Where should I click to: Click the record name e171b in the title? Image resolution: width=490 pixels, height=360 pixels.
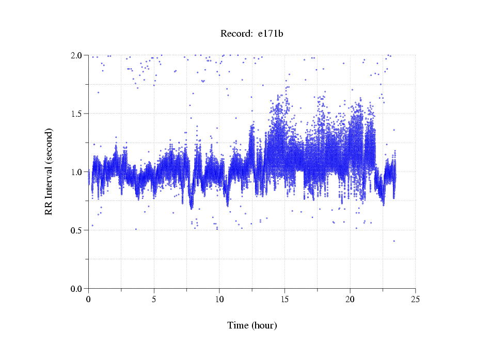[271, 34]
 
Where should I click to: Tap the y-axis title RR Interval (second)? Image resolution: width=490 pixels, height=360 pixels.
[49, 171]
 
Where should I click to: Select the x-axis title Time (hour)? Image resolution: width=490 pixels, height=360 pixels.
[252, 325]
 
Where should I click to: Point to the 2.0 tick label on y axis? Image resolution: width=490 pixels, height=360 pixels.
[77, 55]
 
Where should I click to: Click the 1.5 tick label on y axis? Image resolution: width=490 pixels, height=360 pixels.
[77, 114]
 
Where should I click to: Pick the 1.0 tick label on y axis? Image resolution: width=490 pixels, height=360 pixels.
[77, 172]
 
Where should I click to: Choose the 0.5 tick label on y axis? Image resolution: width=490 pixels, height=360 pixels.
[77, 230]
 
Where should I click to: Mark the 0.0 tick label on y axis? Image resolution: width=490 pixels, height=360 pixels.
[77, 289]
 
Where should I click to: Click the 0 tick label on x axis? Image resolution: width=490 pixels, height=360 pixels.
[88, 299]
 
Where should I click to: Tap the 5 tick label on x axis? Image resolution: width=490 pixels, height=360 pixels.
[154, 299]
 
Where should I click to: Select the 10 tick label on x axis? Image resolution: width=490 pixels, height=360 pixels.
[219, 299]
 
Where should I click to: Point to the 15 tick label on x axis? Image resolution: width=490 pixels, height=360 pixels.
[284, 299]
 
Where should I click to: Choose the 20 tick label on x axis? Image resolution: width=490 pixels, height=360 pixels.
[350, 299]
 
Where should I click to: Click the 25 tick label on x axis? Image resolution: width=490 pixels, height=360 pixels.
[415, 299]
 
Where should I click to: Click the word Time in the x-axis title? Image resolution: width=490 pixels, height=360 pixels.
[238, 325]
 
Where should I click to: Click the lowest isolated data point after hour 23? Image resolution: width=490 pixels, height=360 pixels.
[394, 241]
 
